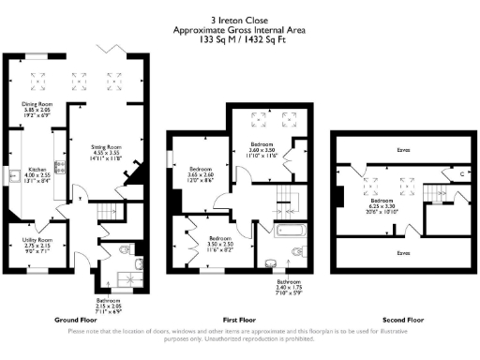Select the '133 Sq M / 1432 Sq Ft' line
click(239, 40)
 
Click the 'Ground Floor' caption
click(72, 319)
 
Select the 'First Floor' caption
click(231, 319)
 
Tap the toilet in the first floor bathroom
click(298, 251)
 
